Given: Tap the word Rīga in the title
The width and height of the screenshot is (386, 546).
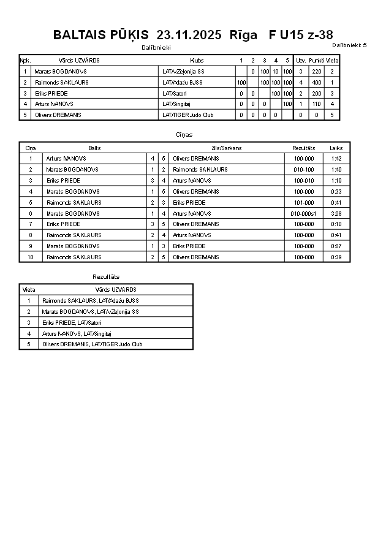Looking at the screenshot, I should tap(243, 35).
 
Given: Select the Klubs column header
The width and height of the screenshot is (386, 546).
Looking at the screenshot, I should tap(197, 61).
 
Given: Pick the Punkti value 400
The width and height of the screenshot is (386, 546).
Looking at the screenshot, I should tap(316, 83).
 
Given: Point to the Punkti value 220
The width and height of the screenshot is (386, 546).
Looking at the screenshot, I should tap(316, 72).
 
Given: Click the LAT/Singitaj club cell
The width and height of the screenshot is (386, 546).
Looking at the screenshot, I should tap(176, 104).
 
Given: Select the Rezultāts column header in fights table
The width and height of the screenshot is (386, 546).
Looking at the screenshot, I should tap(304, 148).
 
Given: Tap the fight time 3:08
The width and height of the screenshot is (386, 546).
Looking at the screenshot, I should tap(336, 213).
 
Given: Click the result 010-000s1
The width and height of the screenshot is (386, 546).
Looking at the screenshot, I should tap(304, 213).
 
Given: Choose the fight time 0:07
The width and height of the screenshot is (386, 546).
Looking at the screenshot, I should tap(336, 246).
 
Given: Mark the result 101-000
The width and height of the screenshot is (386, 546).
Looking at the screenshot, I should tap(304, 202).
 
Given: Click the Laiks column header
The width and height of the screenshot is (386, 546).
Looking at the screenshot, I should tap(336, 148).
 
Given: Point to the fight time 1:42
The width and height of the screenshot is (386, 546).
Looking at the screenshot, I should tap(336, 159).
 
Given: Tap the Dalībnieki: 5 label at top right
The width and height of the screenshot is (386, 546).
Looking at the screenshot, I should tap(349, 45).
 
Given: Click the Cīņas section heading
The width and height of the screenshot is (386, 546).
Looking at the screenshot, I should tap(184, 134).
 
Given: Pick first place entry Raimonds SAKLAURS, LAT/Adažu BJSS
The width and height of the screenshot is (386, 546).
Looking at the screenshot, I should tap(90, 300).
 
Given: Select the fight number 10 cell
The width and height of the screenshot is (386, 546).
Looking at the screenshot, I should tap(31, 257).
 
